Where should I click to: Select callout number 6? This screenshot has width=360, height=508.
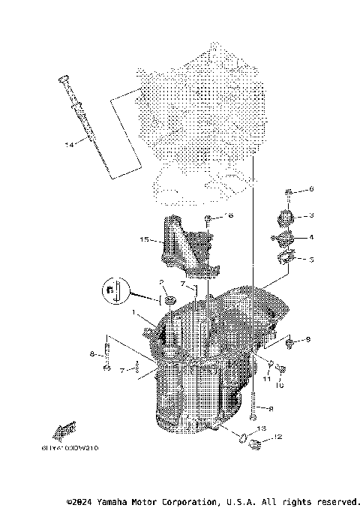click(312, 189)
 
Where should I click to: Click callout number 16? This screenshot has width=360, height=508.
click(229, 215)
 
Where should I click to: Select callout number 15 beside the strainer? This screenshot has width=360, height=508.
click(144, 240)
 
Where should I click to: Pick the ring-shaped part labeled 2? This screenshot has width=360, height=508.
click(169, 301)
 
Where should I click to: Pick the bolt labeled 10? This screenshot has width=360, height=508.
click(281, 368)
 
